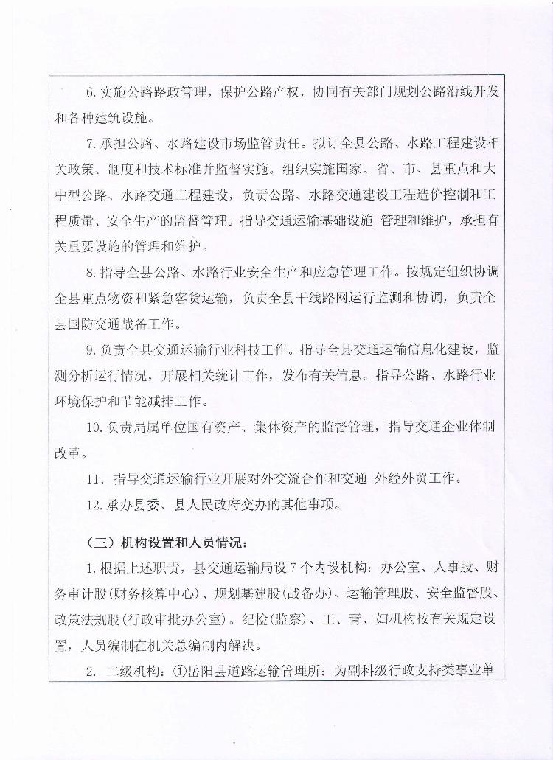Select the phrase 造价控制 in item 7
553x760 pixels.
(x=441, y=195)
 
